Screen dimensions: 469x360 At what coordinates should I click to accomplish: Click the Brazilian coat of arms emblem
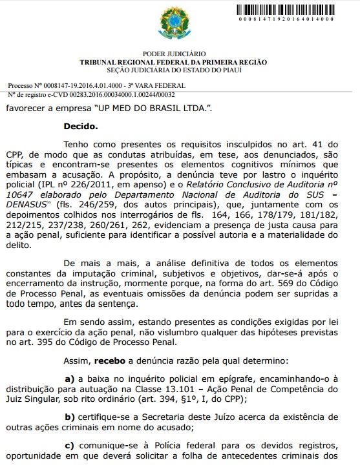pos(180,23)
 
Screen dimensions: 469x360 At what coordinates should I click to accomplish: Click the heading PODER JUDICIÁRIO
pos(179,54)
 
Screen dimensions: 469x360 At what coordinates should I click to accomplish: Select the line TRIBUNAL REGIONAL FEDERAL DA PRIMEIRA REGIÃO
pos(179,62)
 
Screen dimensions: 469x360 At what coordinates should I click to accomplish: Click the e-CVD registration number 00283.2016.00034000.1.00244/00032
pos(122,93)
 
